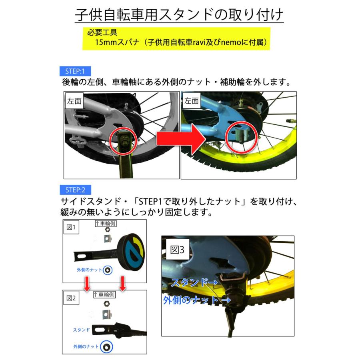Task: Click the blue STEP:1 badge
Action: (x=75, y=72)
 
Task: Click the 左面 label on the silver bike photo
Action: (x=74, y=101)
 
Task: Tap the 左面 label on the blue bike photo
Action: (x=192, y=101)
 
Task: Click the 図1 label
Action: (x=72, y=228)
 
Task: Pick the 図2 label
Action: (x=72, y=298)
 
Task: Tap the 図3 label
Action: (x=177, y=250)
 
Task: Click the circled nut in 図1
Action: (x=107, y=270)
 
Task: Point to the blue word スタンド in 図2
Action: (x=81, y=330)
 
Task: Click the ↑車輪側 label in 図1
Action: (x=105, y=224)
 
